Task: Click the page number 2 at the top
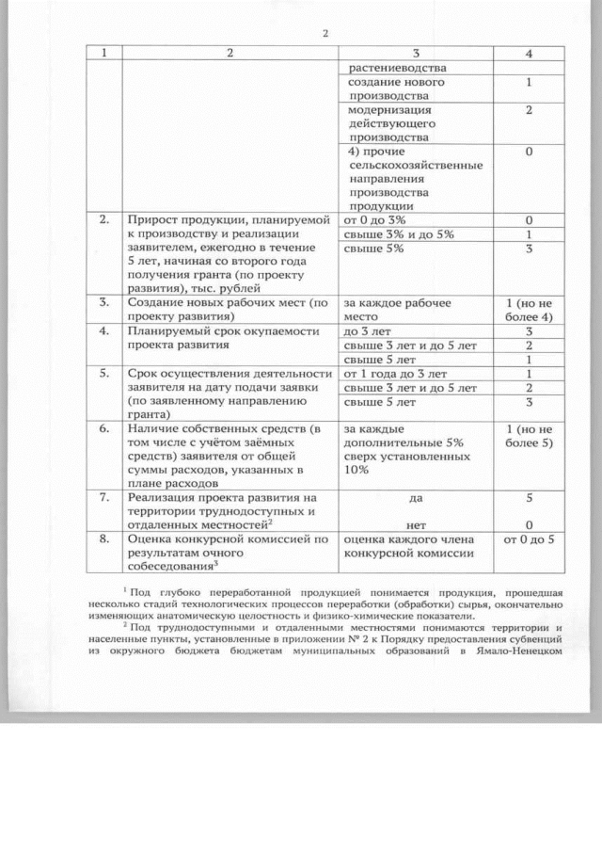pos(325,34)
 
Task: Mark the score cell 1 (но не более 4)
pos(530,310)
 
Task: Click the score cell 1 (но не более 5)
pos(530,436)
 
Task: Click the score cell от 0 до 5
pos(530,540)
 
